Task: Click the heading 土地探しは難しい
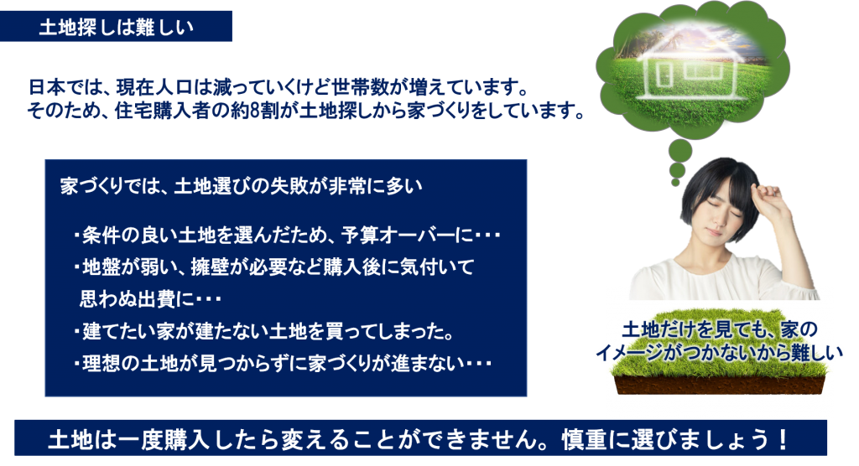(x=116, y=28)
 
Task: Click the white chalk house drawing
(x=689, y=65)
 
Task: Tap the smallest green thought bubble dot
(x=675, y=182)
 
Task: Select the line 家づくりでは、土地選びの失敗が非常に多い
(x=241, y=186)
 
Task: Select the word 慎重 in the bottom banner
(x=585, y=439)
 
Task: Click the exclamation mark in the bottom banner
(x=784, y=439)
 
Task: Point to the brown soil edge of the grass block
(x=719, y=385)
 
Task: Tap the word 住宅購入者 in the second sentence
(x=164, y=111)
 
